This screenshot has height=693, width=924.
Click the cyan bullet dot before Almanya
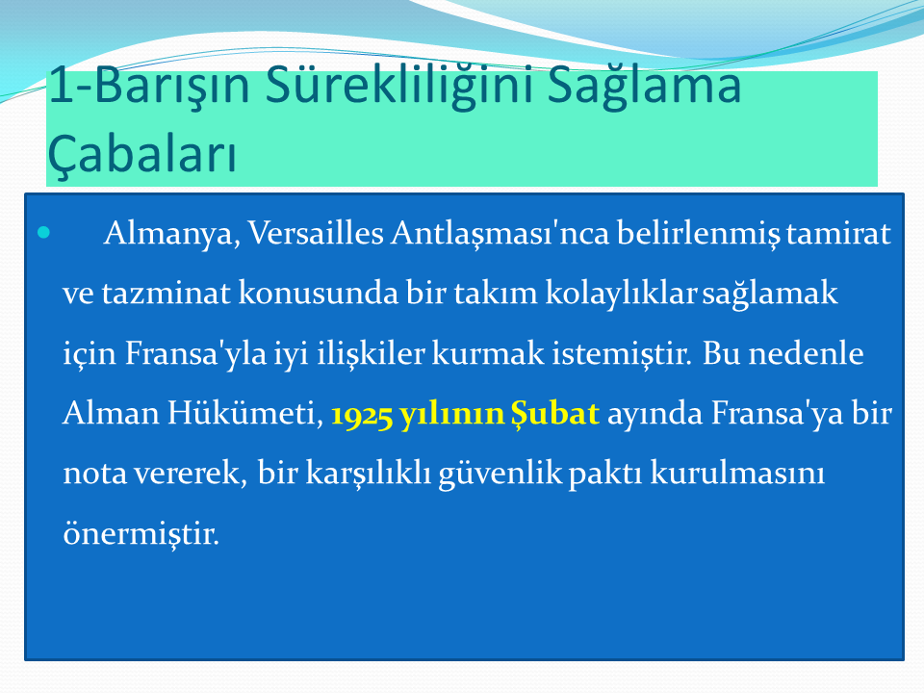tap(43, 233)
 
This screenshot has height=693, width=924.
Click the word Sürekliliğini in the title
tap(400, 86)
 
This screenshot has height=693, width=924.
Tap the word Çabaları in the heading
tap(142, 154)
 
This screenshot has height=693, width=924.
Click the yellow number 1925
tap(361, 414)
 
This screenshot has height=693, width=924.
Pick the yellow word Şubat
tap(554, 413)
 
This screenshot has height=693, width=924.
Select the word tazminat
tap(166, 294)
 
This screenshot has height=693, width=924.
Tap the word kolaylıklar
tap(621, 293)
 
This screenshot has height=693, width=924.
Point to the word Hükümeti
tap(245, 413)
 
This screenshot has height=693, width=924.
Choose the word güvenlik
tap(500, 474)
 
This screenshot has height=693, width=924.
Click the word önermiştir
tap(141, 533)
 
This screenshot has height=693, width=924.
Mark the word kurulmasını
tap(737, 473)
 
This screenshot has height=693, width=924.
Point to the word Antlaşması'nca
tap(500, 234)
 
